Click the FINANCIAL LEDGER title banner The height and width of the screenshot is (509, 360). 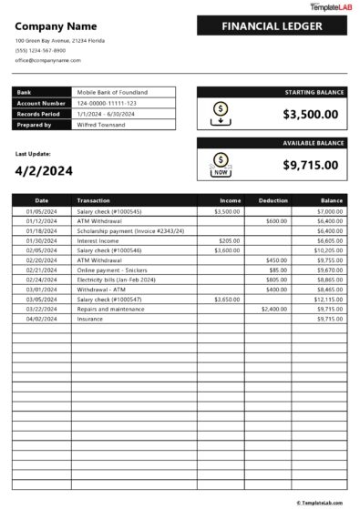click(x=272, y=26)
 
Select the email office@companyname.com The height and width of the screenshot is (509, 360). click(x=47, y=60)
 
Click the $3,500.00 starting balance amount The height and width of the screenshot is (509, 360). click(x=310, y=114)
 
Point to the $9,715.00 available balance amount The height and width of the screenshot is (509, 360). click(x=310, y=165)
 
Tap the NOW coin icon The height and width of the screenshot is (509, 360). click(x=220, y=165)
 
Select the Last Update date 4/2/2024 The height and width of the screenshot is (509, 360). click(x=44, y=170)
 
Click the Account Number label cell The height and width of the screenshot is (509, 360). click(x=41, y=103)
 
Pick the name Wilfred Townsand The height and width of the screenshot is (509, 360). click(x=102, y=124)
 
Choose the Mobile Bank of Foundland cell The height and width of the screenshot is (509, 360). click(x=112, y=92)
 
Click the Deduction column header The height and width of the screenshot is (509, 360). click(x=273, y=199)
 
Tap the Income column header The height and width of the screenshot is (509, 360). click(x=231, y=199)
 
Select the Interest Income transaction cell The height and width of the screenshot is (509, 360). click(x=98, y=240)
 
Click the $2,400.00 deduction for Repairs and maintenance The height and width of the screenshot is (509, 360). click(x=274, y=309)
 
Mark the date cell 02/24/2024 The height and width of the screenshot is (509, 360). click(x=41, y=280)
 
